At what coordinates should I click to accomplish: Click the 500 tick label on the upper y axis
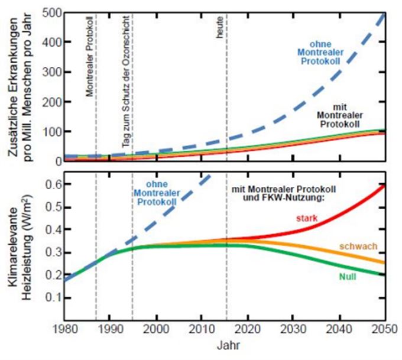[52, 13]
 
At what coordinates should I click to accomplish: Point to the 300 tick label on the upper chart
[52, 72]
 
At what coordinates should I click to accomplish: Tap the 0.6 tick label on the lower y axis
[54, 184]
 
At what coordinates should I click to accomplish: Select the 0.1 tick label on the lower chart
[54, 297]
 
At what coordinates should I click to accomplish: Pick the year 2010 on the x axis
[202, 329]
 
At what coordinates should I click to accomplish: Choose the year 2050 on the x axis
[385, 329]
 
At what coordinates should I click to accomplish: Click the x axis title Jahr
[228, 345]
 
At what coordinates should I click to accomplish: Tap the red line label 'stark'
[307, 219]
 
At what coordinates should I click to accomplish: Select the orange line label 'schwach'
[358, 246]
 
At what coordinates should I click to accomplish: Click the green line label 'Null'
[348, 277]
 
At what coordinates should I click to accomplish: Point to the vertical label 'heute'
[219, 27]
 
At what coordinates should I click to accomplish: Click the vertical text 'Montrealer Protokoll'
[89, 56]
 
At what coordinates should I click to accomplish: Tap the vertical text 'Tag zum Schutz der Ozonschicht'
[126, 82]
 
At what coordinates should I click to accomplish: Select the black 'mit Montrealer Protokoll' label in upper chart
[340, 115]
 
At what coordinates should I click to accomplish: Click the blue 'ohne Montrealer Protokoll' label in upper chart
[320, 53]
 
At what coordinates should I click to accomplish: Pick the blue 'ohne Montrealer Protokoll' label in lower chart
[157, 193]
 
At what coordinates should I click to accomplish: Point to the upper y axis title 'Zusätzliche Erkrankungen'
[13, 87]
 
